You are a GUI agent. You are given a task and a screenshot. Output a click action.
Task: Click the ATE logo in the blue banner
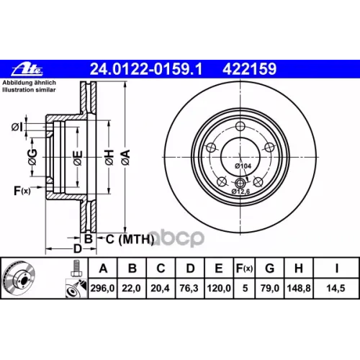(27, 69)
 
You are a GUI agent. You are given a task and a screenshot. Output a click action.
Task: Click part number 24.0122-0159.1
(146, 69)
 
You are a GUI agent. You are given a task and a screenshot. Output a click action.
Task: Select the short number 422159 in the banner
(250, 69)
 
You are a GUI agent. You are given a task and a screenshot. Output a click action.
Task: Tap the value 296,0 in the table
(102, 288)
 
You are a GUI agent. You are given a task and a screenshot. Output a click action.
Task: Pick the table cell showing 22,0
(131, 288)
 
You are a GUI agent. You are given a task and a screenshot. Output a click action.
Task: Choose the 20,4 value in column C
(160, 288)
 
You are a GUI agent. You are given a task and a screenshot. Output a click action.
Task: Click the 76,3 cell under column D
(189, 288)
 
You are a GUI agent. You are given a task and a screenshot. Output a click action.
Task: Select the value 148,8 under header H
(299, 288)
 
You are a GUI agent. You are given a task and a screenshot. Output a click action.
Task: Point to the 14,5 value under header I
(336, 288)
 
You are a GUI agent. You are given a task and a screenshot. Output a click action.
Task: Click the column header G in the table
(270, 268)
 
